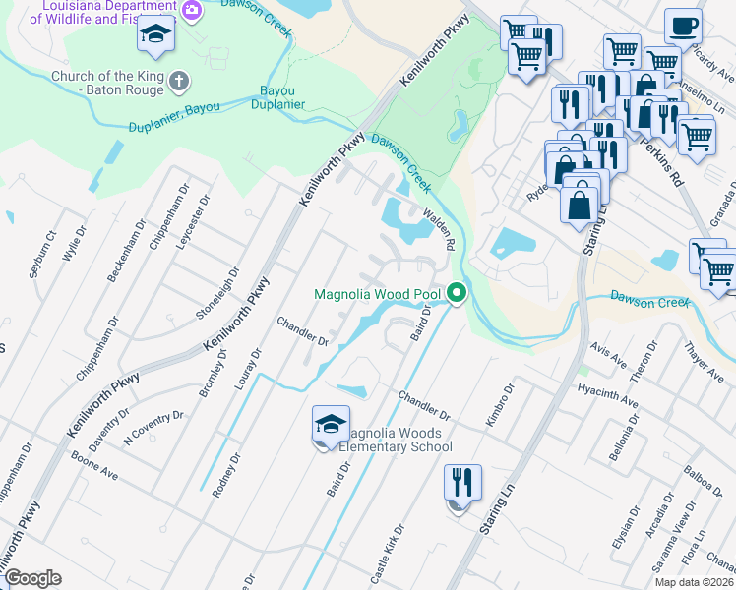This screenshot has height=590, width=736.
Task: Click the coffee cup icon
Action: [683, 28]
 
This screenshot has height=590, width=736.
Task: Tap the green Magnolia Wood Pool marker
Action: [456, 293]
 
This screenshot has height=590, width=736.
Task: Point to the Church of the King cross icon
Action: [178, 80]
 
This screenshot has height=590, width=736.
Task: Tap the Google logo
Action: [31, 578]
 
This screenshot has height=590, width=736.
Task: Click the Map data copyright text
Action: [694, 582]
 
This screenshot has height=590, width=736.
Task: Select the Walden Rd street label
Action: [438, 227]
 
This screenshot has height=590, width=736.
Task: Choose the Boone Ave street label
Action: [94, 466]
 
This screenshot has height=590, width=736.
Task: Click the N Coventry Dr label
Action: [153, 429]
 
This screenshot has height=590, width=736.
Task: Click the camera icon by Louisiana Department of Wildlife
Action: [193, 10]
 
